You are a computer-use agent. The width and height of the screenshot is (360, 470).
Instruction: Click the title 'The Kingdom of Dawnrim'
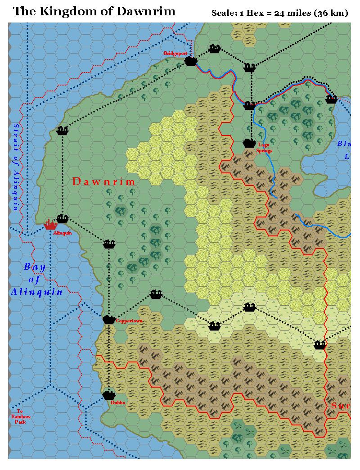pos(94,11)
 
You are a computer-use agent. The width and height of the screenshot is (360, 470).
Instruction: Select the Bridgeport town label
pos(175,53)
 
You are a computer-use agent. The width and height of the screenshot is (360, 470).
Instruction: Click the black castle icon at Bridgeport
pos(192,60)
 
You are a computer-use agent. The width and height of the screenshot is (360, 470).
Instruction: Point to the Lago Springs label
pos(263,148)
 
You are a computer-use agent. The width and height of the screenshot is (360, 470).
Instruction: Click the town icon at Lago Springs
pos(249,143)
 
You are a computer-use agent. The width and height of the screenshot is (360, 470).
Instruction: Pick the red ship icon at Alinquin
pos(49,224)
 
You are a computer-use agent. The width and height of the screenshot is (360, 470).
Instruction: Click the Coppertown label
pos(129,321)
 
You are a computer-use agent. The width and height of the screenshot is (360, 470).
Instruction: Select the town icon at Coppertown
pos(109,320)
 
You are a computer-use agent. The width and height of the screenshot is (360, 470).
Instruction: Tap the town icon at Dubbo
pos(109,395)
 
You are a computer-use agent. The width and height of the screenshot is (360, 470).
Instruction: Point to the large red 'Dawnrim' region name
pos(104,182)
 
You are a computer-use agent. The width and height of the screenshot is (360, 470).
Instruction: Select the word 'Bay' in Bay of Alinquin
pos(35,267)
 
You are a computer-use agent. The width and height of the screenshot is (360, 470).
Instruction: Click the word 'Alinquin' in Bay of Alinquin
pos(37,292)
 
